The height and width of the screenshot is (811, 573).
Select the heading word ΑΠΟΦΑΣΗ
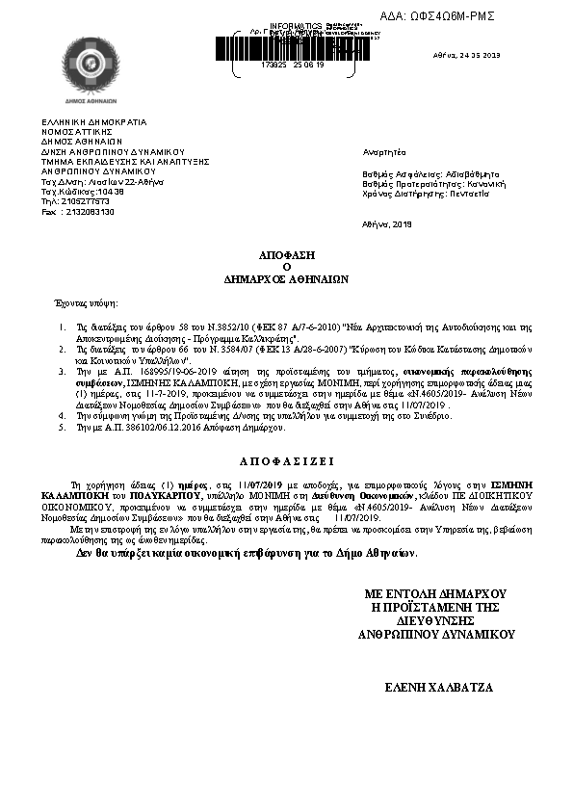pyautogui.click(x=286, y=256)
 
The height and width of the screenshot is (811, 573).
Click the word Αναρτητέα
pyautogui.click(x=385, y=152)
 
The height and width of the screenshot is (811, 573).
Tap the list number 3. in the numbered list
pyautogui.click(x=62, y=369)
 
